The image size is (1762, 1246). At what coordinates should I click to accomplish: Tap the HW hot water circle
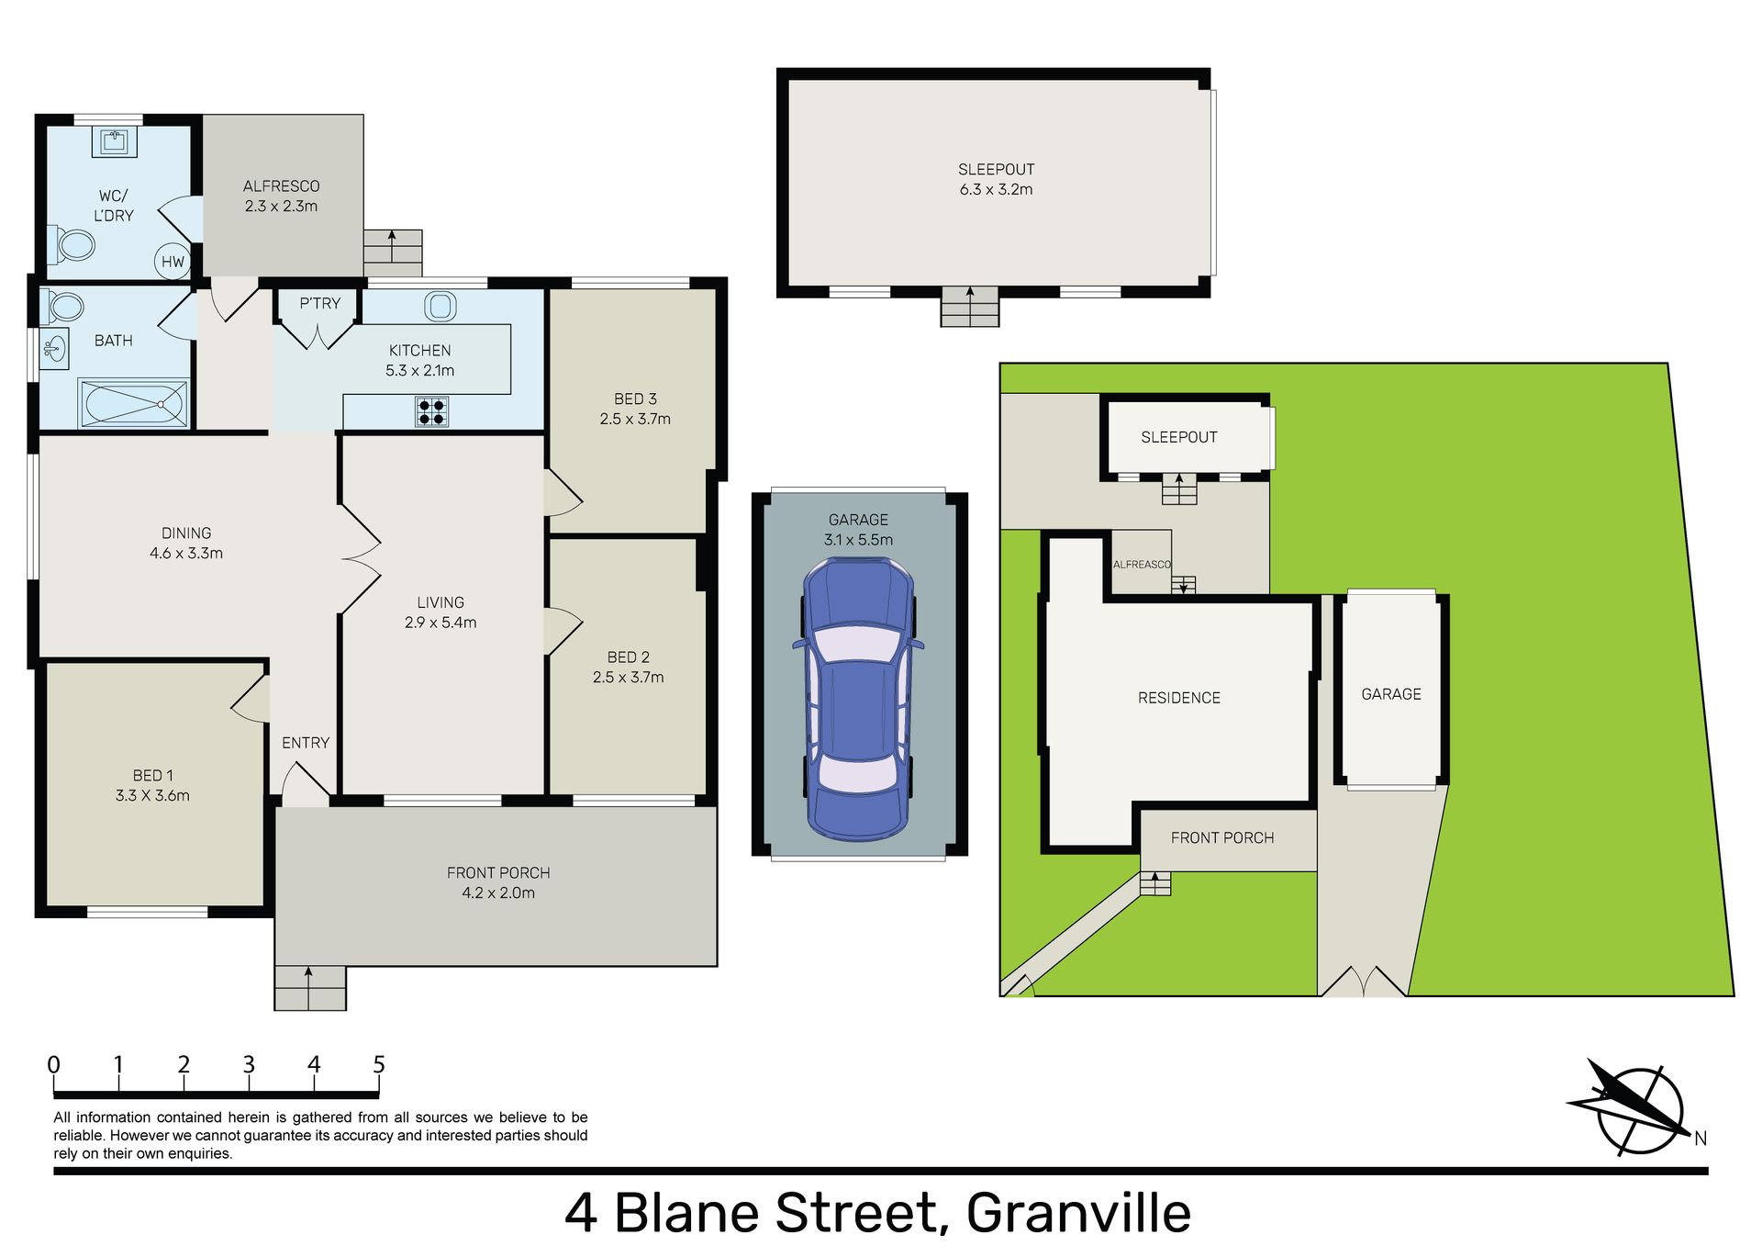point(173,262)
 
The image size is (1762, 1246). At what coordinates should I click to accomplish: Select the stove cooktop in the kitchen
point(431,411)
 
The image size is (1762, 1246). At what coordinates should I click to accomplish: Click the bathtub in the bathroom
point(134,403)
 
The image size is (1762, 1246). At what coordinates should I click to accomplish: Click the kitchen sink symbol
point(440,306)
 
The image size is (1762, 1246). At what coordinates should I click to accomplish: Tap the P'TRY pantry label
point(320,303)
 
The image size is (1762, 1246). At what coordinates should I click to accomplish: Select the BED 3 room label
point(635,398)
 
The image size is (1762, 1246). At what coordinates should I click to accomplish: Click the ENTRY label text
point(306,743)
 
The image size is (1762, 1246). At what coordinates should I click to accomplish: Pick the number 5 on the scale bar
point(379,1064)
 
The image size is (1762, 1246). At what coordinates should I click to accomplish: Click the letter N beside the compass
point(1701,1139)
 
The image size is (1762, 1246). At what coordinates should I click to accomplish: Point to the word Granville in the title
point(1078,1213)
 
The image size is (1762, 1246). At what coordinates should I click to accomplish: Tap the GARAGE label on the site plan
point(1391,694)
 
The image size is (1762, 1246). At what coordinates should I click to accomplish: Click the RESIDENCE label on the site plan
point(1179,698)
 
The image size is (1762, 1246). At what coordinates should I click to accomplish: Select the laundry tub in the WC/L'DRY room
point(115,141)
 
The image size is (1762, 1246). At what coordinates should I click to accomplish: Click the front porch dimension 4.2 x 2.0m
point(498,892)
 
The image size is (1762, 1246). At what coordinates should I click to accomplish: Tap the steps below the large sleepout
point(969,307)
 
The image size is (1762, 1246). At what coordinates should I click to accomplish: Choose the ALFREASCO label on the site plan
point(1142,565)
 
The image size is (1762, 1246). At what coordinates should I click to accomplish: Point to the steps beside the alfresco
point(393,253)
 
